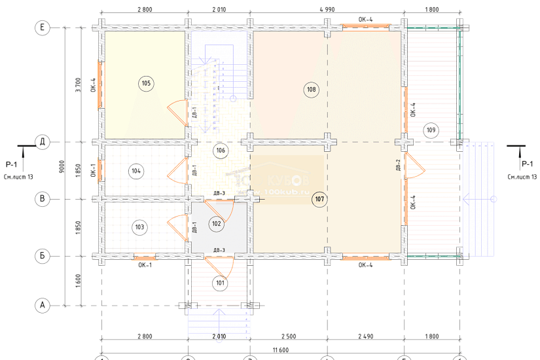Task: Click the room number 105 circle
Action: click(x=145, y=83)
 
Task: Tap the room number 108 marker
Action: click(x=311, y=90)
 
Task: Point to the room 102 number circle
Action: click(x=217, y=223)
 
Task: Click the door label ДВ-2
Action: click(x=398, y=166)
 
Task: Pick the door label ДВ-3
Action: click(x=219, y=251)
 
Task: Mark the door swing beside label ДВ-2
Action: click(x=414, y=166)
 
